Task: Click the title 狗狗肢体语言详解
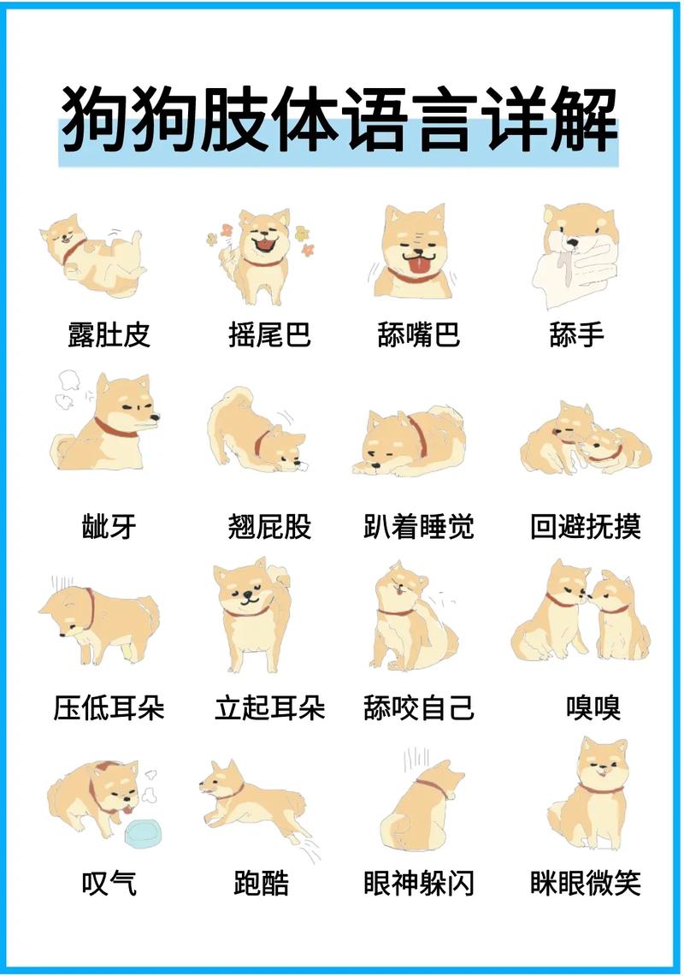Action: pyautogui.click(x=339, y=119)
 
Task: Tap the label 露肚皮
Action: pyautogui.click(x=109, y=334)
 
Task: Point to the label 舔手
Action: pyautogui.click(x=577, y=334)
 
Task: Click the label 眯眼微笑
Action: pyautogui.click(x=586, y=884)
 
